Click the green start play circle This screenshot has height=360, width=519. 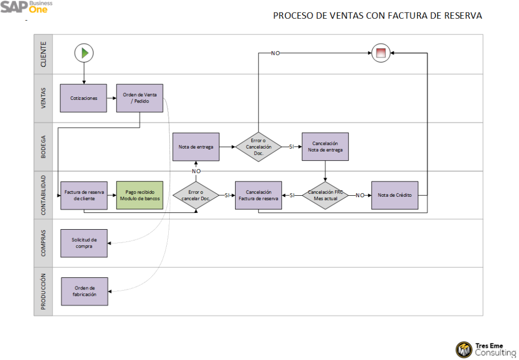(84, 52)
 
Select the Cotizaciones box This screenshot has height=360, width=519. (84, 98)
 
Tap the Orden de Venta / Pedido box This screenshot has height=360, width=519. (140, 98)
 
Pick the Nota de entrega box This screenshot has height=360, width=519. (196, 147)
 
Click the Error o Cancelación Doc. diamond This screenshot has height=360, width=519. (258, 147)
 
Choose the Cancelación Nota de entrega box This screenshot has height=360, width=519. (325, 147)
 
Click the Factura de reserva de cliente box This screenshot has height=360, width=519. (84, 195)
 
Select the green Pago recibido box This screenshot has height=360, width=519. (140, 195)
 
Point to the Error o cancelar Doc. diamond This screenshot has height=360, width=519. (196, 195)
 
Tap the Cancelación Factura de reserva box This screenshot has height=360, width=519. (258, 195)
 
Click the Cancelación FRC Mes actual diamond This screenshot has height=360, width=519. (325, 195)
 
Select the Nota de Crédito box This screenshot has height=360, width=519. (395, 195)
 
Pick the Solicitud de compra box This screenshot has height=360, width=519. (84, 243)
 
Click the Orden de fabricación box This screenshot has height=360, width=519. (85, 291)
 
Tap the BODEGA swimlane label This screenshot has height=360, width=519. (44, 147)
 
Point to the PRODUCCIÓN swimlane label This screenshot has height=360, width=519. (44, 292)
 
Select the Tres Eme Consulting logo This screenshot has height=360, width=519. (486, 349)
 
